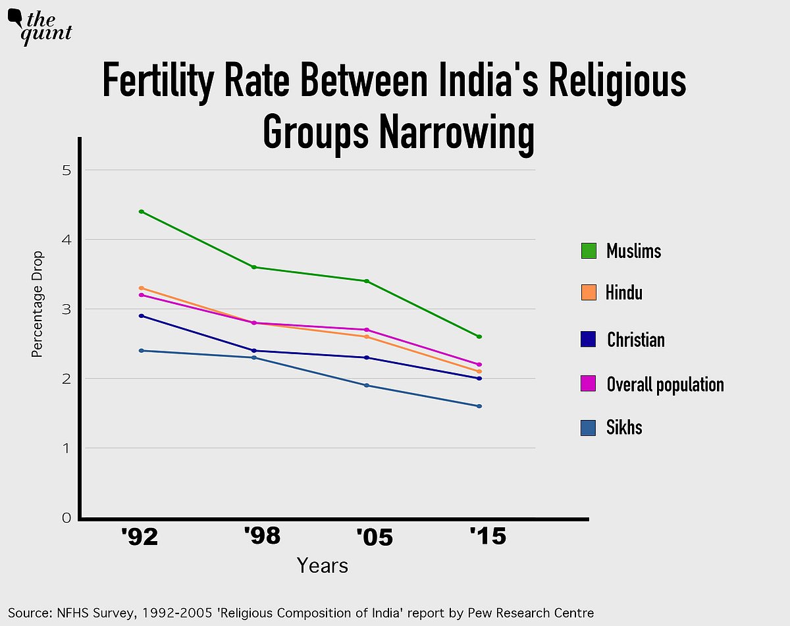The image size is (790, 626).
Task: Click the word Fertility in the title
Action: (157, 83)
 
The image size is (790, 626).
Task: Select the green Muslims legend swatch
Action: (589, 251)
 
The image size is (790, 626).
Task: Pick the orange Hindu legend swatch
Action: (589, 292)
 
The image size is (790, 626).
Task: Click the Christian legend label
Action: (635, 340)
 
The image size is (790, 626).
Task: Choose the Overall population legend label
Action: (665, 384)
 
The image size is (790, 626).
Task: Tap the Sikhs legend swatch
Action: (589, 428)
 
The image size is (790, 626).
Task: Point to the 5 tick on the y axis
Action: (66, 170)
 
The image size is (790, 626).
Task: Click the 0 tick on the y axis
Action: (66, 518)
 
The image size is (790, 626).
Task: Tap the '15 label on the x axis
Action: (488, 537)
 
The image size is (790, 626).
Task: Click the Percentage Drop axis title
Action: (38, 304)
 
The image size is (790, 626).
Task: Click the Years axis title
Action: (322, 565)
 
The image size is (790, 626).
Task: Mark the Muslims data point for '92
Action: (142, 212)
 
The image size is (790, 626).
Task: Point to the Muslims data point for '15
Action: (479, 337)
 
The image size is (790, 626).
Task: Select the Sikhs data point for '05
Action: (367, 386)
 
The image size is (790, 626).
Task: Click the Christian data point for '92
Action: (142, 316)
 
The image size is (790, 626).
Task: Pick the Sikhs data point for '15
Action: (479, 406)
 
